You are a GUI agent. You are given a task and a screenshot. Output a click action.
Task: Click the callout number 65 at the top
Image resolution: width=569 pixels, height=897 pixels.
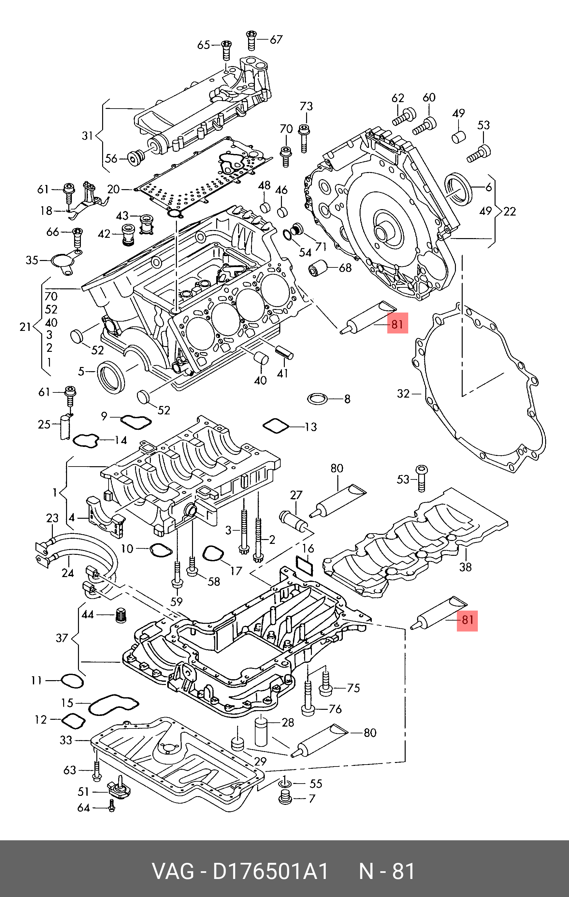[x=203, y=45]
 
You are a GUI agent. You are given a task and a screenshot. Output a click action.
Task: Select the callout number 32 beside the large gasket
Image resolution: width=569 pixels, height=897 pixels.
[x=403, y=393]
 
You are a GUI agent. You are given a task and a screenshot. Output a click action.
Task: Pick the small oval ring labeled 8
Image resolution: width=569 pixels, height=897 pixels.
[x=317, y=399]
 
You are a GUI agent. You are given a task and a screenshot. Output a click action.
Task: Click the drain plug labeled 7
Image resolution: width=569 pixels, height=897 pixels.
[x=285, y=797]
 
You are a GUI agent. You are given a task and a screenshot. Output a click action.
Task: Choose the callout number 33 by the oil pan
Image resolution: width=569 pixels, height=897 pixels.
[x=66, y=740]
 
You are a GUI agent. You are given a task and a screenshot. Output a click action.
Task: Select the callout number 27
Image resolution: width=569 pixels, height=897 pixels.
[x=296, y=495]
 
